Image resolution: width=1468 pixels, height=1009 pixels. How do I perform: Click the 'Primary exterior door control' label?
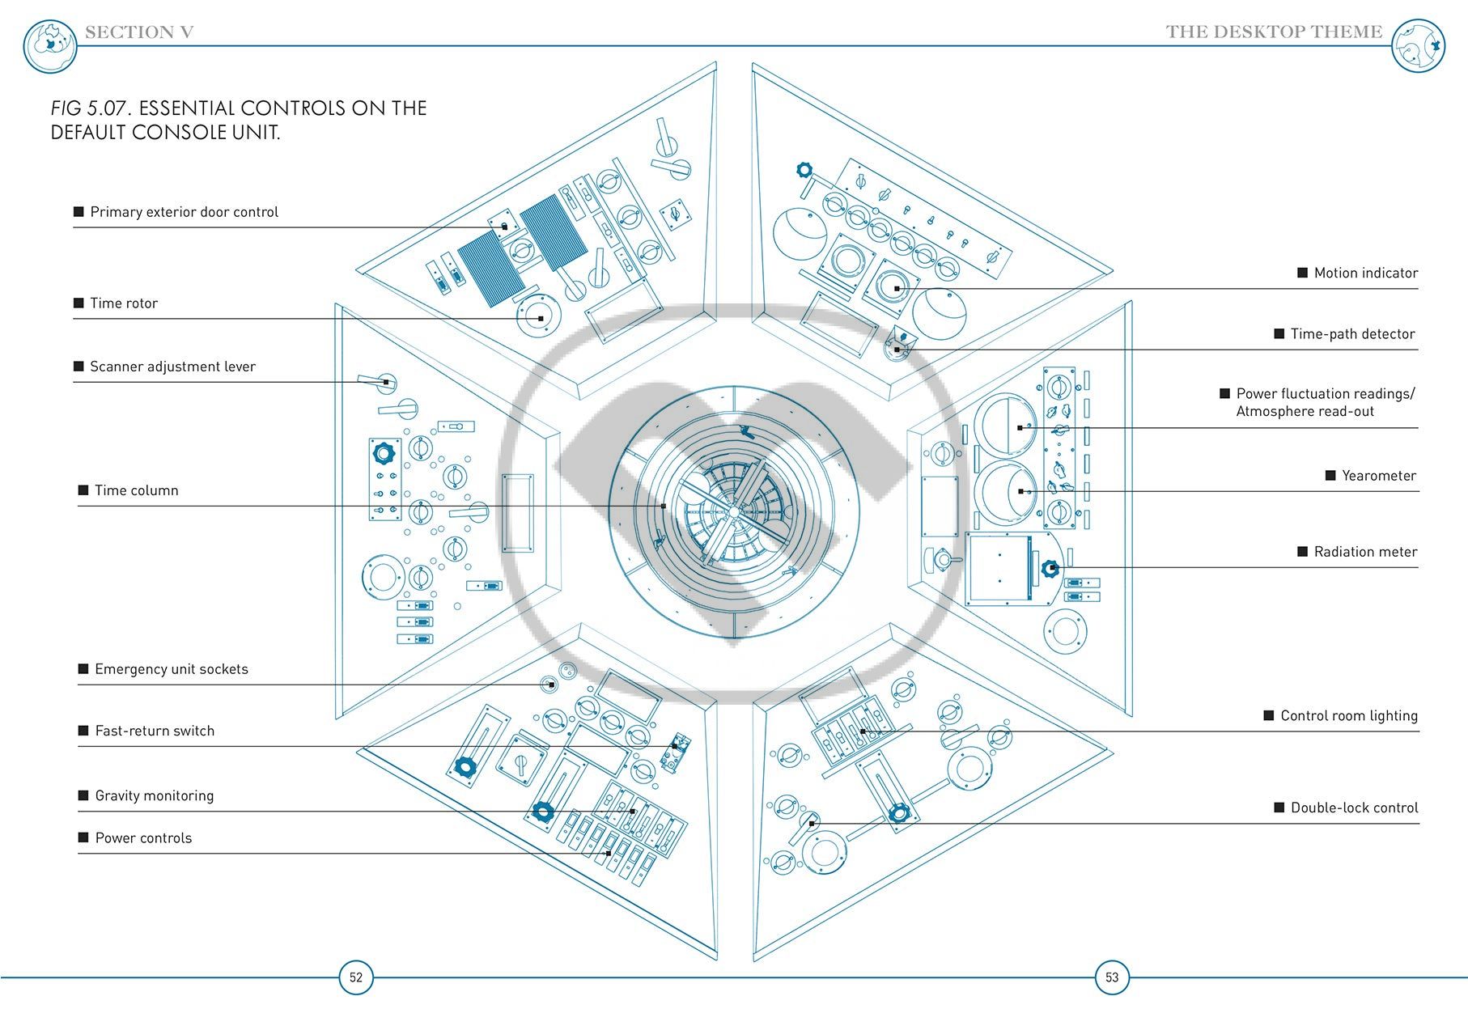coord(184,212)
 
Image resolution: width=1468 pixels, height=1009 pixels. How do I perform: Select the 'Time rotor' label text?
coord(124,303)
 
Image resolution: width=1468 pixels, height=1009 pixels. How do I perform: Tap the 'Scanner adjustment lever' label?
coord(172,367)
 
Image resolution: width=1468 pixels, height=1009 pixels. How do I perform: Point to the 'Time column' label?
coord(137,490)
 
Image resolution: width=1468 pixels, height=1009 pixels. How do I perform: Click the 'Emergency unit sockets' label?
coord(172,669)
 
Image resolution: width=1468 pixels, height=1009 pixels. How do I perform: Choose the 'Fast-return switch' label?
coord(155,731)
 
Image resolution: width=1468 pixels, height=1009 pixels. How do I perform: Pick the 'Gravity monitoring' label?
coord(155,795)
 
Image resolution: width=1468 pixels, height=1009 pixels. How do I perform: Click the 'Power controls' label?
coord(143,838)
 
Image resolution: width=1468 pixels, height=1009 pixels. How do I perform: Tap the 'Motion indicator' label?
coord(1366,273)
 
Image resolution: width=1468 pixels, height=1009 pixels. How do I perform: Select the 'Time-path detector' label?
coord(1353,334)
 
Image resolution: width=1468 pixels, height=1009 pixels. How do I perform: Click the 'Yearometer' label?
coord(1379,476)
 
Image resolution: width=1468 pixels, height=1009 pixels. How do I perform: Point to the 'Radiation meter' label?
coord(1366,552)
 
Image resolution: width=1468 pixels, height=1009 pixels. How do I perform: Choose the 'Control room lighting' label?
coord(1349,716)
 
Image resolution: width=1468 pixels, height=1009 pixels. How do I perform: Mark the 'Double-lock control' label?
coord(1355,808)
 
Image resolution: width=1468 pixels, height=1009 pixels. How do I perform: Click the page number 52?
coord(356,977)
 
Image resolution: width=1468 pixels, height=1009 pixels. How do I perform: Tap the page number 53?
coord(1112,977)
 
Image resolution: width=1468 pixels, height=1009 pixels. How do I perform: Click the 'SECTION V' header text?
coord(139,32)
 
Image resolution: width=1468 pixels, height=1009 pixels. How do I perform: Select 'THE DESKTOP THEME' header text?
coord(1274,32)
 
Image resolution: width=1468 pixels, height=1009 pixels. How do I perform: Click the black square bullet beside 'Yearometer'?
coord(1330,475)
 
